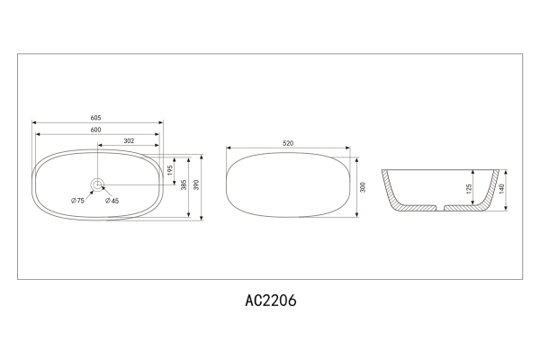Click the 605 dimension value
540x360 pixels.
[x=95, y=118]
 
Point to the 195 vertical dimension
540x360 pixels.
[x=168, y=169]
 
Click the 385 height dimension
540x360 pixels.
[x=183, y=186]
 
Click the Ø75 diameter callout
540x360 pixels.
[x=77, y=201]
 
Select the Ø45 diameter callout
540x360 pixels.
[x=112, y=201]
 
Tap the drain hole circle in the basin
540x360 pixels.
[x=97, y=185]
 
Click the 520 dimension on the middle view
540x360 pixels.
[x=288, y=142]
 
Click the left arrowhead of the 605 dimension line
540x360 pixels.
[x=33, y=123]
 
